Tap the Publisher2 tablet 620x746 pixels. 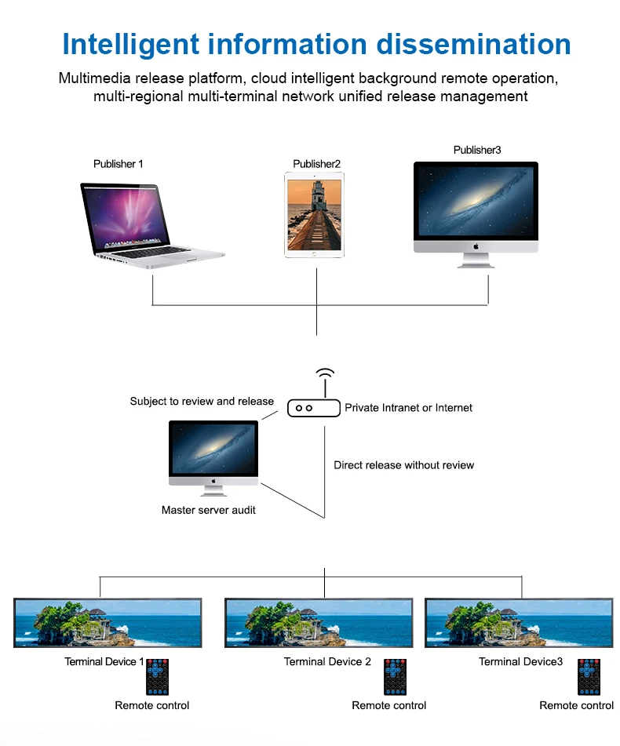coord(314,216)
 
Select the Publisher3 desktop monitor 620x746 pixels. coord(476,207)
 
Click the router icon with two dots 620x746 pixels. coord(313,408)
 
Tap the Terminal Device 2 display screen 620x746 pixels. coord(319,623)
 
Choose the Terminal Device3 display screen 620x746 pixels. coord(519,623)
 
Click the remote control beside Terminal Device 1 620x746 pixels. coord(158,676)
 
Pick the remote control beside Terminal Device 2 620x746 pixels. coord(395,676)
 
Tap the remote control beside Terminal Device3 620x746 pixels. coord(589,676)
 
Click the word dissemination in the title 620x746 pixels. coord(473,44)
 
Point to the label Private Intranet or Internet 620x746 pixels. coord(408,408)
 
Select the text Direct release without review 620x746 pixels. coord(403,465)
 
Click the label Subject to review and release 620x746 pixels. coord(202,402)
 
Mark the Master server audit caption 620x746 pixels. coord(208,510)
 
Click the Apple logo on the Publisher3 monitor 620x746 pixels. coord(476,246)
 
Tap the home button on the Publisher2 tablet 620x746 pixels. coord(314,254)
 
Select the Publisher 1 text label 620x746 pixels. coord(119,164)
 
